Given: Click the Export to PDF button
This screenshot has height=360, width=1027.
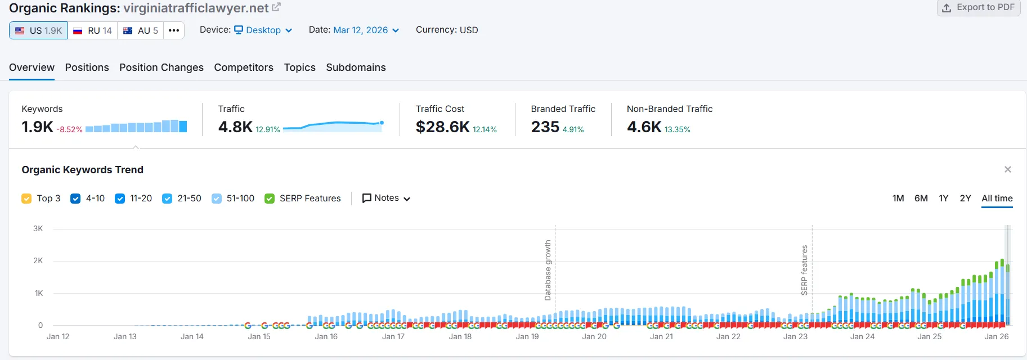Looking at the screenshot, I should [x=979, y=7].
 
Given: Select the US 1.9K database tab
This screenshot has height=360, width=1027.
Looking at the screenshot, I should [x=38, y=30].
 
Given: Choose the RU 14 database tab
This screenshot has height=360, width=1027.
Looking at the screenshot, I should [x=93, y=30].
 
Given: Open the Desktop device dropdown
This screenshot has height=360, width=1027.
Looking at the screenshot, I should [x=263, y=30].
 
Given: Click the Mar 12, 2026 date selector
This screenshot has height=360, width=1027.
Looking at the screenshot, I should [x=366, y=30].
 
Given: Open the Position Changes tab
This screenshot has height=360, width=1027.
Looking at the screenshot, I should [x=162, y=67].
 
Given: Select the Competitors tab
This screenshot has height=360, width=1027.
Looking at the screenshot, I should [x=244, y=67].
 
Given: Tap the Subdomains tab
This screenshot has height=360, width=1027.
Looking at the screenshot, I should [x=356, y=67].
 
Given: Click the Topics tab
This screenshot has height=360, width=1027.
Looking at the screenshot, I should [x=299, y=67].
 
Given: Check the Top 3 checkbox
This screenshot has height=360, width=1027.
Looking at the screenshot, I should [x=26, y=199].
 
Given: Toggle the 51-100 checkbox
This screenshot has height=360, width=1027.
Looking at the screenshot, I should [x=217, y=199].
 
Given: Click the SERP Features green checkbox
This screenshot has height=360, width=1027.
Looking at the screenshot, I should [x=270, y=199].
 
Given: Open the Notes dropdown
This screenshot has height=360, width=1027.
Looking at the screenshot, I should [x=386, y=198].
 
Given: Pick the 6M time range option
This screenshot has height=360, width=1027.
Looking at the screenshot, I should [x=921, y=199].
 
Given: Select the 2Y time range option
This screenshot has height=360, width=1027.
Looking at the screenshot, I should [x=965, y=199].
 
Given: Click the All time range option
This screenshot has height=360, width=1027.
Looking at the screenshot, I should [x=997, y=199].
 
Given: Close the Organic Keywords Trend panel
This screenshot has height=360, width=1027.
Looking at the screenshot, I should [x=1007, y=169].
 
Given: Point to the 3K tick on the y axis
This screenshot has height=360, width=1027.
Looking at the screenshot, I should [x=38, y=229].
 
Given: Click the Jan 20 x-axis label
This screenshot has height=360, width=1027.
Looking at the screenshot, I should [x=594, y=336].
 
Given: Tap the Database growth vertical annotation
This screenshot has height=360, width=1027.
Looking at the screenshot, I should [x=548, y=270].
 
